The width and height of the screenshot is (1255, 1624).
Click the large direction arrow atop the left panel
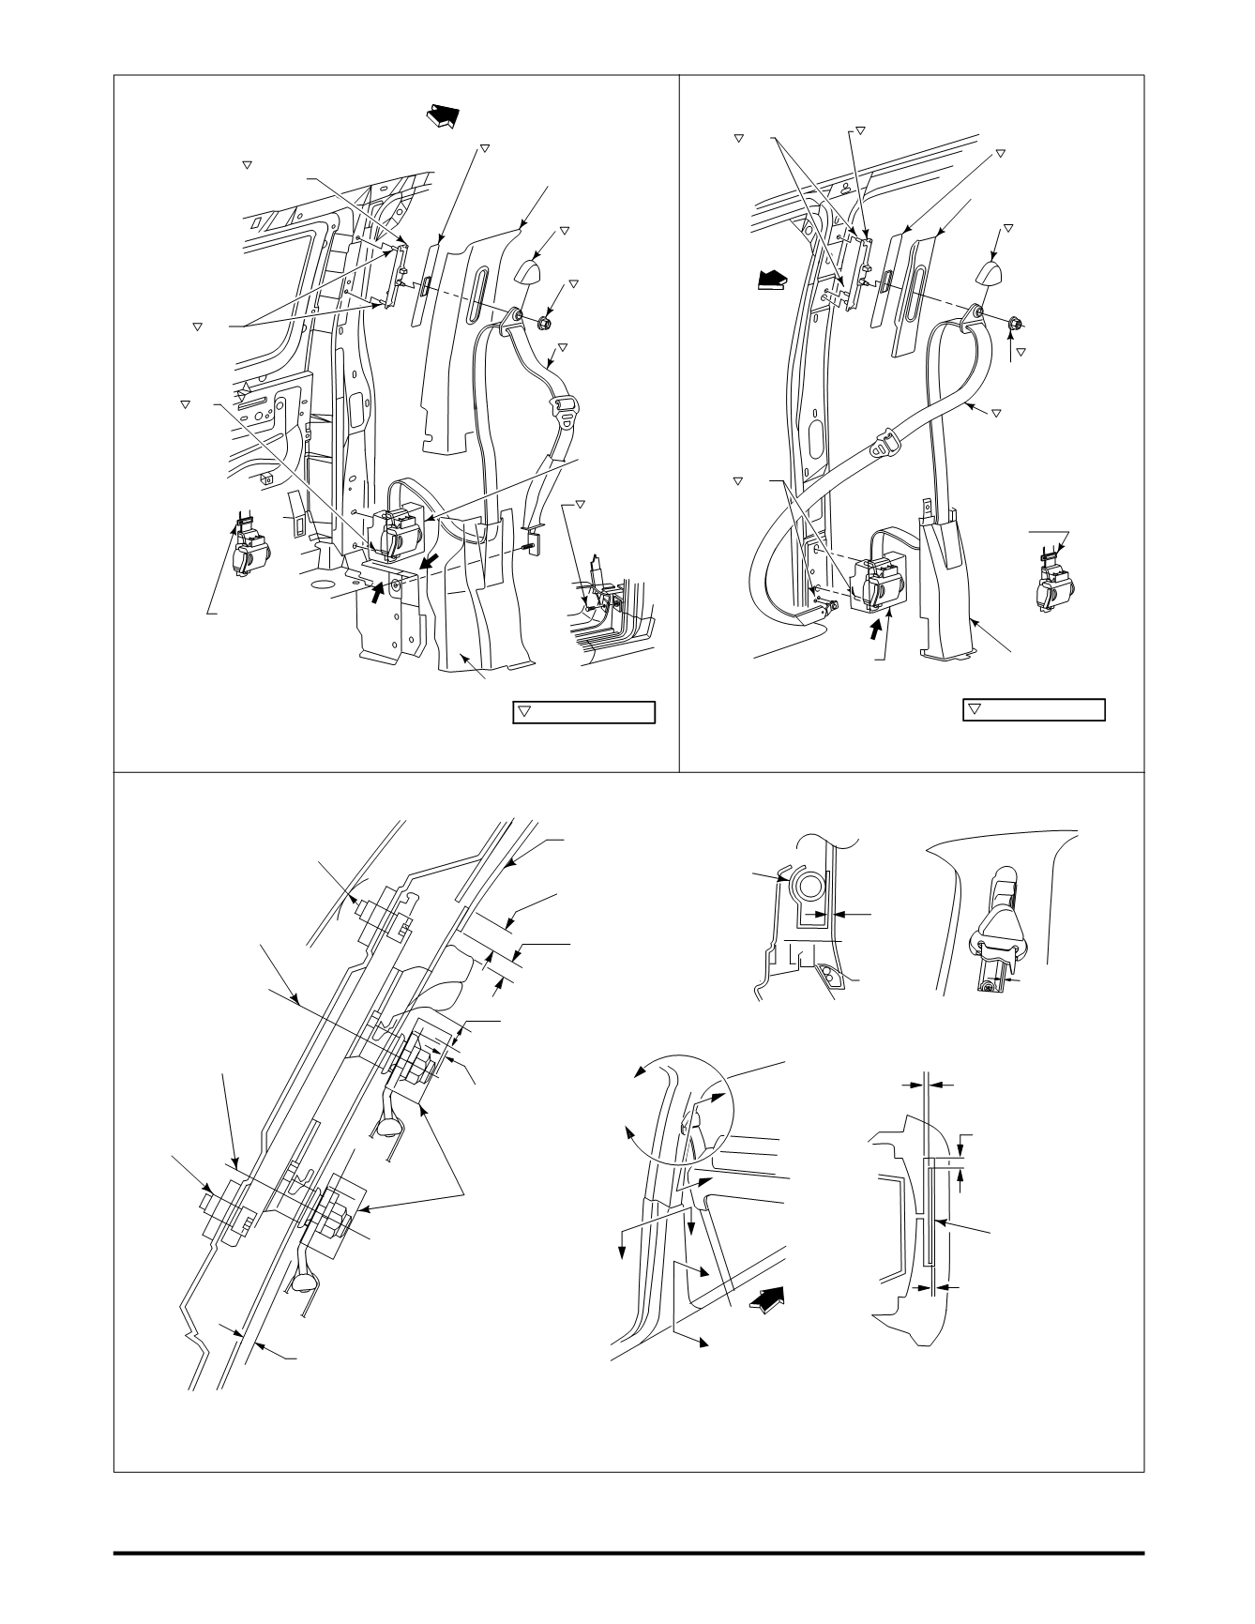(445, 116)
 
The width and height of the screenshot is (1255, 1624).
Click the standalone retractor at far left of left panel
(250, 549)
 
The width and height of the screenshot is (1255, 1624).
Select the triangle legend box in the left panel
(582, 712)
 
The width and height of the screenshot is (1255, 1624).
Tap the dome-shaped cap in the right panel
(990, 273)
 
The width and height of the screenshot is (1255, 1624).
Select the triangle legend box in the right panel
(1034, 710)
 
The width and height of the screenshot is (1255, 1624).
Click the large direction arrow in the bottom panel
(766, 1303)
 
